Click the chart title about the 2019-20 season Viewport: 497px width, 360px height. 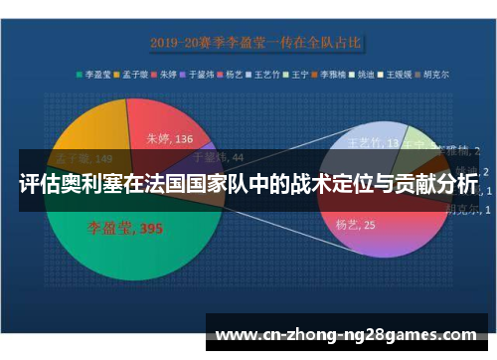(x=255, y=43)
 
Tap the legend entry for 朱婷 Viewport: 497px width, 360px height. (x=169, y=73)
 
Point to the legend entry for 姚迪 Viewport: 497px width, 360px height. (x=368, y=73)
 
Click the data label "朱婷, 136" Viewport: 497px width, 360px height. (x=170, y=139)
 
